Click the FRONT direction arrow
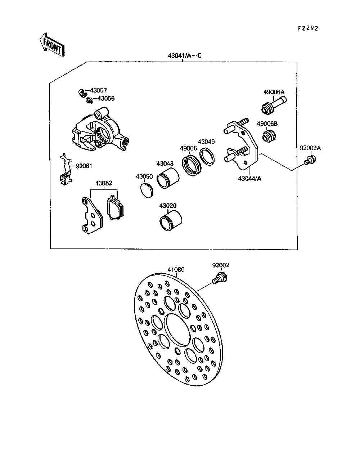pyautogui.click(x=52, y=45)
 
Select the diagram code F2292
pyautogui.click(x=308, y=28)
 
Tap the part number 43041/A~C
pyautogui.click(x=185, y=56)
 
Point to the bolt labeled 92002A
pyautogui.click(x=309, y=160)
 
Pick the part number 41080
pyautogui.click(x=176, y=269)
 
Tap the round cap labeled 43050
pyautogui.click(x=147, y=190)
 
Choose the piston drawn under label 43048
pyautogui.click(x=168, y=178)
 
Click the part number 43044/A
pyautogui.click(x=249, y=178)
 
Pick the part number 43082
pyautogui.click(x=103, y=183)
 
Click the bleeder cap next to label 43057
pyautogui.click(x=82, y=92)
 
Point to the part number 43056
pyautogui.click(x=106, y=98)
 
